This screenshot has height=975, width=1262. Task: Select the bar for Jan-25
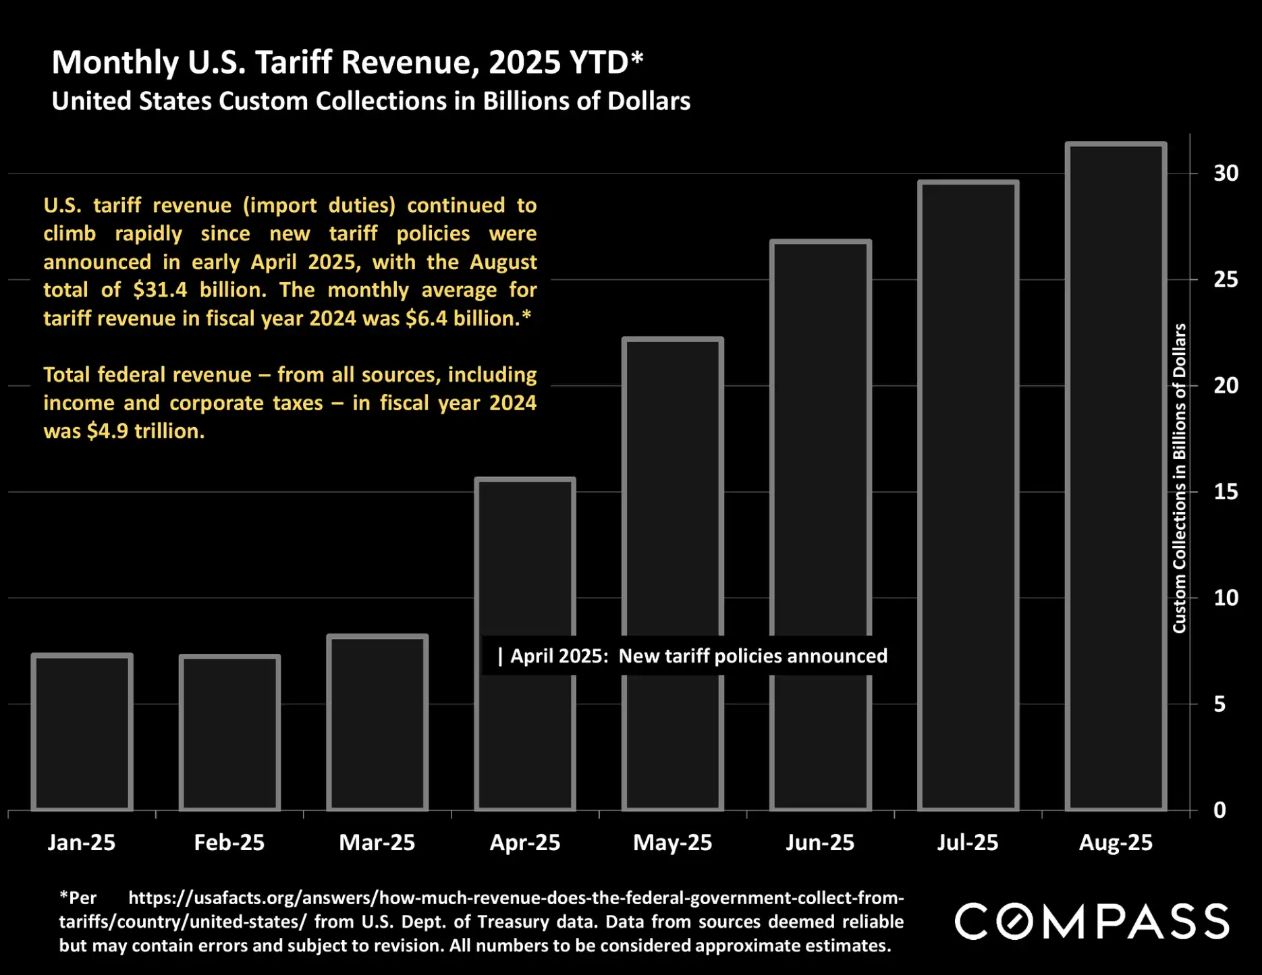(82, 732)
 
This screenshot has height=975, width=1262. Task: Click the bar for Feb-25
(229, 733)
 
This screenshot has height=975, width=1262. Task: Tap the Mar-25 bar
(377, 723)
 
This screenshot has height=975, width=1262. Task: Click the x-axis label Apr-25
(524, 843)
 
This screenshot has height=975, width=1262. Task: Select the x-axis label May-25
(672, 843)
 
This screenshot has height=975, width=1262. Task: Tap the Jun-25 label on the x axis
(820, 843)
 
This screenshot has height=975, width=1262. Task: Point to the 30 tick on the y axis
(1226, 173)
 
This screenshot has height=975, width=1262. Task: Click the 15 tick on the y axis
(1226, 492)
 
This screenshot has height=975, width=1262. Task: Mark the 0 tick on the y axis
(1219, 810)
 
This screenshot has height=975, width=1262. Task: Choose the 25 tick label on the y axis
(1226, 279)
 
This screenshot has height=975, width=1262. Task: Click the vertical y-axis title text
(1179, 478)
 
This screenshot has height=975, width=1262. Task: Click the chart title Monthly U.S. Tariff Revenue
(347, 63)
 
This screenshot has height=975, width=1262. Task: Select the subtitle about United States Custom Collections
(371, 101)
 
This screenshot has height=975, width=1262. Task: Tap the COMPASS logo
(1091, 922)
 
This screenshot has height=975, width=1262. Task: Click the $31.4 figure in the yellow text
(160, 290)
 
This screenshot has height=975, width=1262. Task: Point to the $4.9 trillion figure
(145, 431)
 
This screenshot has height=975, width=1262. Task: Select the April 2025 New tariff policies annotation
(692, 656)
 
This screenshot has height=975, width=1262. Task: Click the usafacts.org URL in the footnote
(516, 898)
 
